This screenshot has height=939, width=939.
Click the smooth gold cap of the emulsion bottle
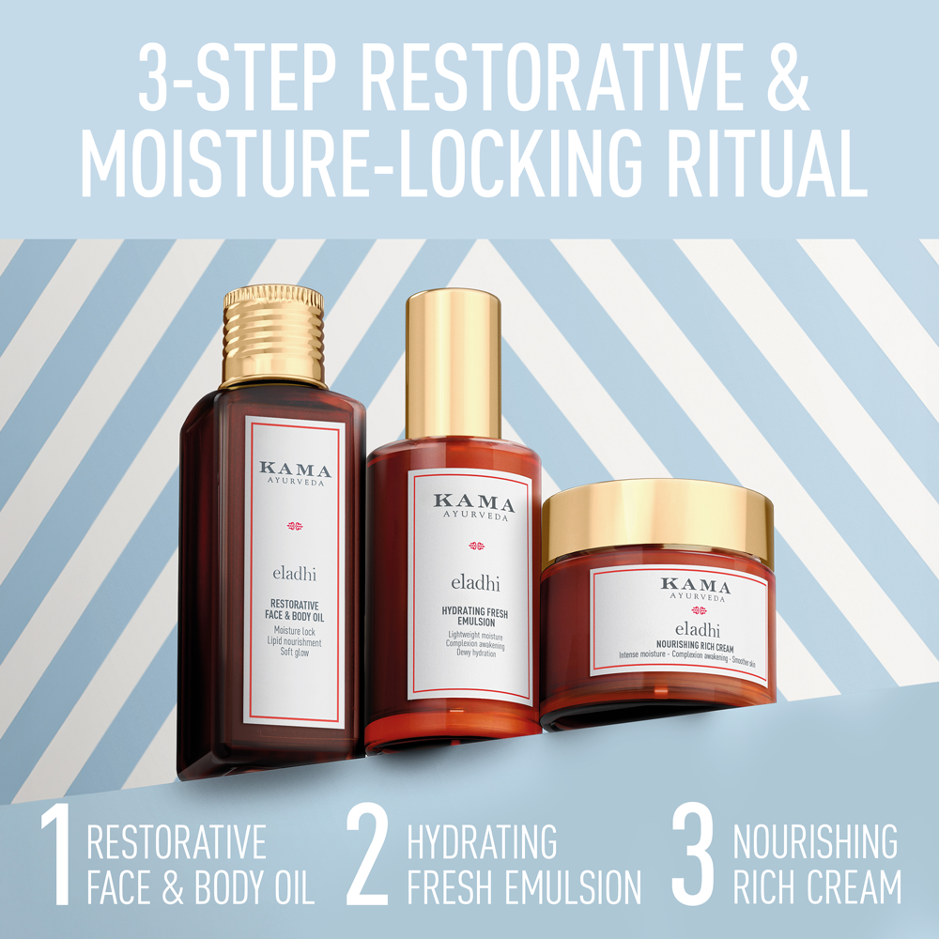click(x=453, y=366)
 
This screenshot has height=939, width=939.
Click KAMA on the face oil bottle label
click(x=296, y=470)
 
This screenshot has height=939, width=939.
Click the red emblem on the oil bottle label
click(x=296, y=526)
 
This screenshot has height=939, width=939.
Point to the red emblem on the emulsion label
click(x=474, y=546)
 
